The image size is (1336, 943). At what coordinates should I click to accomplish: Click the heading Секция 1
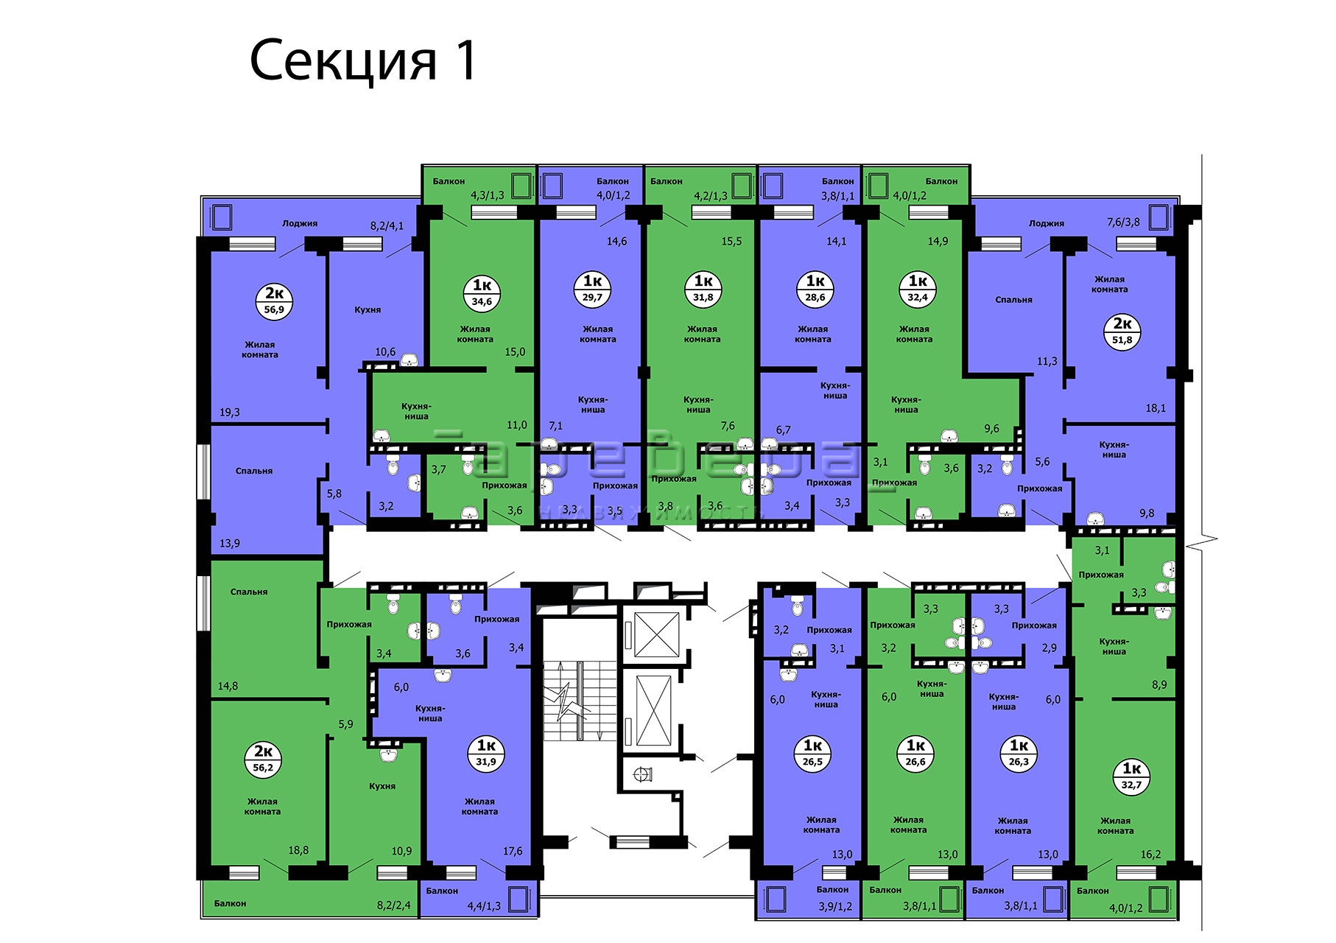pos(364,60)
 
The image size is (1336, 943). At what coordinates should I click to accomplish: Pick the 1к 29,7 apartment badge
pos(592,288)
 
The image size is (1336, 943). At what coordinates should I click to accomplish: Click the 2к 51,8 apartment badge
pos(1122,332)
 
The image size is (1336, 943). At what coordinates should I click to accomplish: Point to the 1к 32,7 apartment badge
pos(1131,777)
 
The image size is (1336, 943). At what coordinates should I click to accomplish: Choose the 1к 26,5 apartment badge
pos(812,753)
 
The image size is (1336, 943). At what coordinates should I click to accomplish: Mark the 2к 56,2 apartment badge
pos(263,759)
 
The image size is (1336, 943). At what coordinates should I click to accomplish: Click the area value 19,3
pos(230,413)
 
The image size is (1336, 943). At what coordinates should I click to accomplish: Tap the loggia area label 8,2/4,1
pos(387,226)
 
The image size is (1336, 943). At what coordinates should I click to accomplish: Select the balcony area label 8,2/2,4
pos(393,906)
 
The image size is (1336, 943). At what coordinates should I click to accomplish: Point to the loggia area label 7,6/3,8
pos(1123,222)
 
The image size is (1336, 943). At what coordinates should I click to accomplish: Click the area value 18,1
pos(1156,408)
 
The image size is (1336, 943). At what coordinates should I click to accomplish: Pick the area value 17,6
pos(513,851)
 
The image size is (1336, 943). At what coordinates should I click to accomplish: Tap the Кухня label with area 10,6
pos(368,310)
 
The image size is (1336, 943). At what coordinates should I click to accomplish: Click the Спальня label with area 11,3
pos(1013,300)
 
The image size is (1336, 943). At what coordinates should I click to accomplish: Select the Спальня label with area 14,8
pos(249,592)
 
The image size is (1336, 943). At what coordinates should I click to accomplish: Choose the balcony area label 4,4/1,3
pos(484,906)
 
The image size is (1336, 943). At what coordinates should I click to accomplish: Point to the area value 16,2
pos(1150,855)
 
